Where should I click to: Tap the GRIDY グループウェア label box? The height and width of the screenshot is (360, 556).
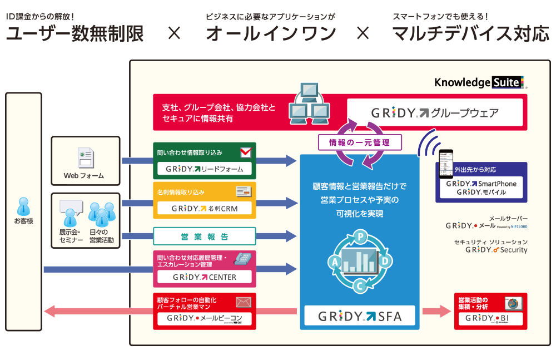pyautogui.click(x=435, y=113)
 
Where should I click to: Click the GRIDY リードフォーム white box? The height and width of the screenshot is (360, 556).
pyautogui.click(x=204, y=168)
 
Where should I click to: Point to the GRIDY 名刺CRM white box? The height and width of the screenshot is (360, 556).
pyautogui.click(x=204, y=209)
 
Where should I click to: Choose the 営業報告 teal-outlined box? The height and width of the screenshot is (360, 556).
pyautogui.click(x=204, y=236)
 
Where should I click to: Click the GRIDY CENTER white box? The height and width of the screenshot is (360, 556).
pyautogui.click(x=204, y=277)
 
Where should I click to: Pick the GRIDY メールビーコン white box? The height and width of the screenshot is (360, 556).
pyautogui.click(x=204, y=319)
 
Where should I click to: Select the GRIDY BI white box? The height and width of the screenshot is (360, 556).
pyautogui.click(x=490, y=319)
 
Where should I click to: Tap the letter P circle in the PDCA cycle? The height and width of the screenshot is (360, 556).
pyautogui.click(x=360, y=236)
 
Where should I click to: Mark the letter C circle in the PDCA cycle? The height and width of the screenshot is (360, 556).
pyautogui.click(x=360, y=287)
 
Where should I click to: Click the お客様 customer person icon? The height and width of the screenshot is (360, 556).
pyautogui.click(x=23, y=206)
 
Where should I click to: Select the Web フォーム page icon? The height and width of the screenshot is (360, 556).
pyautogui.click(x=85, y=159)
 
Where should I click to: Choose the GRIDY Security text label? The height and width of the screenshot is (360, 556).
pyautogui.click(x=496, y=250)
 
